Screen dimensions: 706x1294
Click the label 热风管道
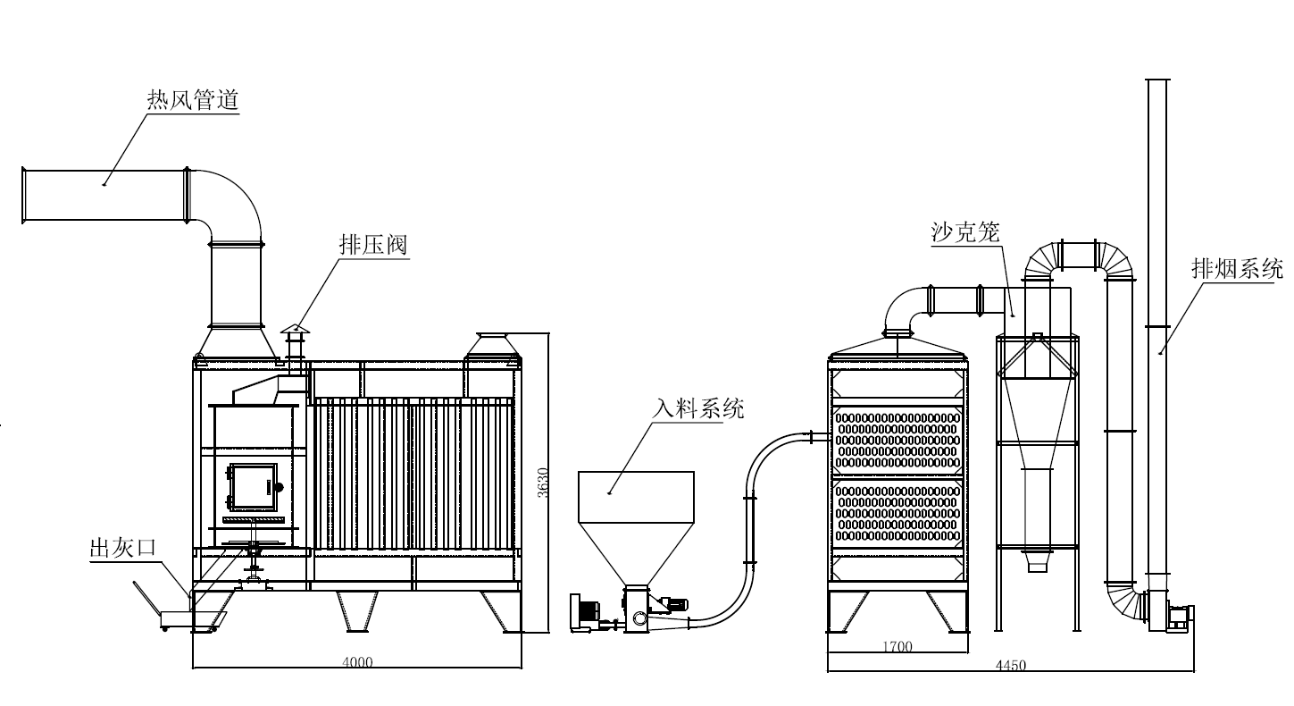[x=193, y=100]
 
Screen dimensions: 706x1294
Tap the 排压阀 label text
[x=373, y=245]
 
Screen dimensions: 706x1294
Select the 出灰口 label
[x=121, y=548]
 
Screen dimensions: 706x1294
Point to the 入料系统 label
[x=697, y=409]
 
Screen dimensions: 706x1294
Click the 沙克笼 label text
[x=965, y=233]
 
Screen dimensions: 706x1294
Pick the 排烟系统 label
[x=1237, y=268]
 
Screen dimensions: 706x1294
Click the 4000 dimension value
[x=357, y=662]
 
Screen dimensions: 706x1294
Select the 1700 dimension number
[x=897, y=647]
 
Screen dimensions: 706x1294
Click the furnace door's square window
[x=251, y=485]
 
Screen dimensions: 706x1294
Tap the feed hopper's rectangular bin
[x=636, y=495]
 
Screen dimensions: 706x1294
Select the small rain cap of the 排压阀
[x=295, y=331]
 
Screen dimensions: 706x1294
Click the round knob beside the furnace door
[x=279, y=487]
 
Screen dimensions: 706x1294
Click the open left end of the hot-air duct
[x=24, y=195]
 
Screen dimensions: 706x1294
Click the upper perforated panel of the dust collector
[x=897, y=440]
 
